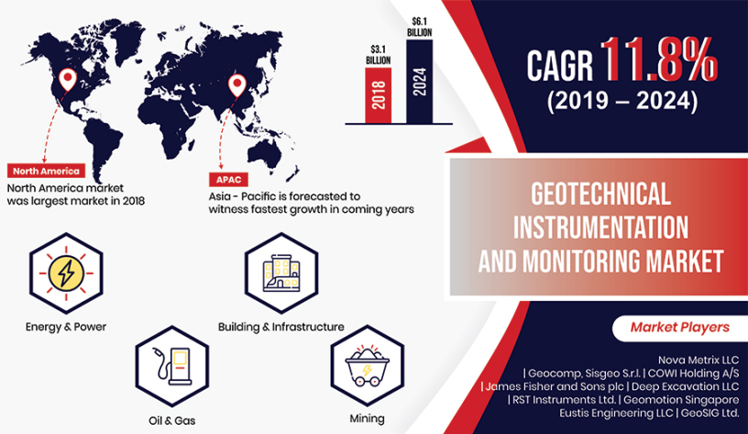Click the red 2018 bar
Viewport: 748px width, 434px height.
378,95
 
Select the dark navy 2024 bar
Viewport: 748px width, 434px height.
419,82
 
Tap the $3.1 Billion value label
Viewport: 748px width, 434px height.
378,55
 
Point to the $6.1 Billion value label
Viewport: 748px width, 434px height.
419,28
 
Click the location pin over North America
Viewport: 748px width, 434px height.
67,79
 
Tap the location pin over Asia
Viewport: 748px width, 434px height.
236,86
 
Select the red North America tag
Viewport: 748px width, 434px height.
46,171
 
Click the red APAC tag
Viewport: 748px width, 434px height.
228,180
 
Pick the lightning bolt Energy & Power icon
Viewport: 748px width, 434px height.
66,273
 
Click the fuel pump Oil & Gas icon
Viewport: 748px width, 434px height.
172,367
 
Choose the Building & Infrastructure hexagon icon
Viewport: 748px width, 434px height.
281,273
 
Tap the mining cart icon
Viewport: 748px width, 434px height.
368,366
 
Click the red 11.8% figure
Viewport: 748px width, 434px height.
659,60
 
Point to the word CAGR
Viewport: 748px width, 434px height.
559,65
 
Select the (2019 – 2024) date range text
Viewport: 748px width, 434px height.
622,101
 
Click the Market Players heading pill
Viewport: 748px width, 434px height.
680,328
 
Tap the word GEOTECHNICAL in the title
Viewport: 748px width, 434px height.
600,194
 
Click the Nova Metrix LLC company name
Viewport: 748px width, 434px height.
698,360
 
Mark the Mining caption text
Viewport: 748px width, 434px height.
367,418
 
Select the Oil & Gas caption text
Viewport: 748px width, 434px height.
172,420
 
